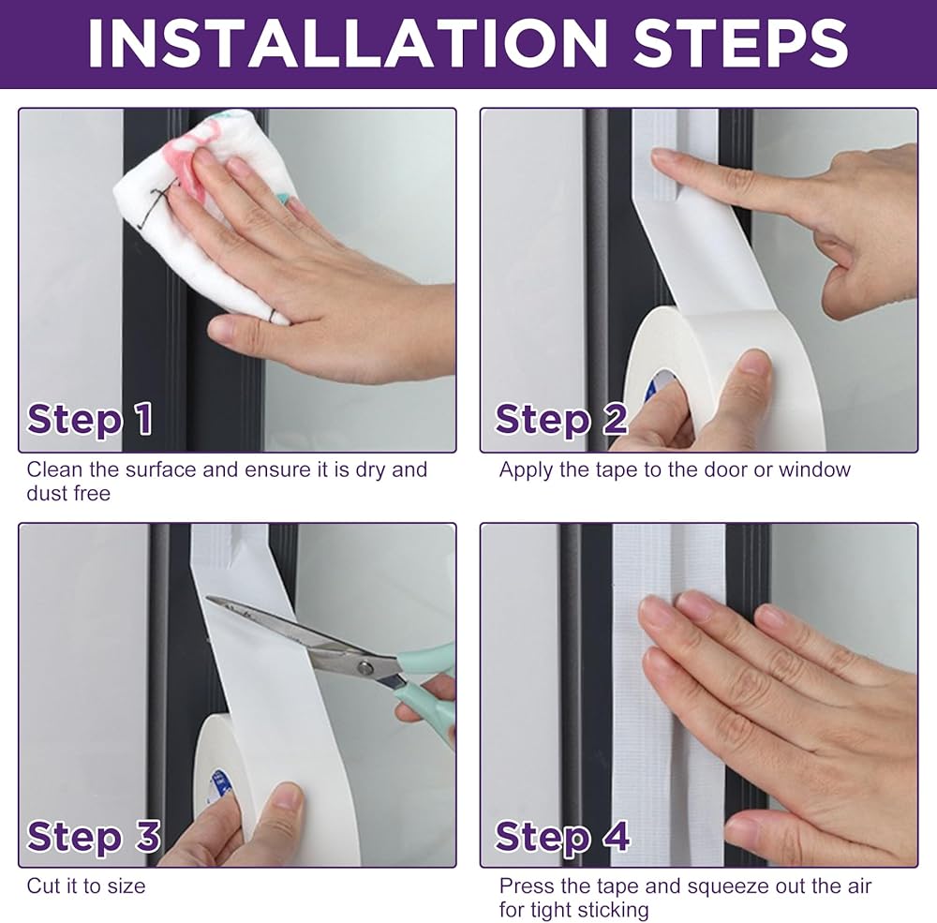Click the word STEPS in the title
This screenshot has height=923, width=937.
coord(740,43)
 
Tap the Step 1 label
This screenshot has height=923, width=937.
coord(90,419)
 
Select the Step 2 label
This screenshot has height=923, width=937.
coord(560,419)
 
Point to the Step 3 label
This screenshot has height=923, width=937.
coord(93,836)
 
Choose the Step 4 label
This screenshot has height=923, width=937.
coord(561,836)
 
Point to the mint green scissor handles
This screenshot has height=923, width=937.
coord(427,688)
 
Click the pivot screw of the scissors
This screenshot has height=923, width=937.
coord(364,666)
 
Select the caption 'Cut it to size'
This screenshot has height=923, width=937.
coord(86,886)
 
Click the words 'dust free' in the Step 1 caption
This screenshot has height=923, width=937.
coord(68,494)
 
